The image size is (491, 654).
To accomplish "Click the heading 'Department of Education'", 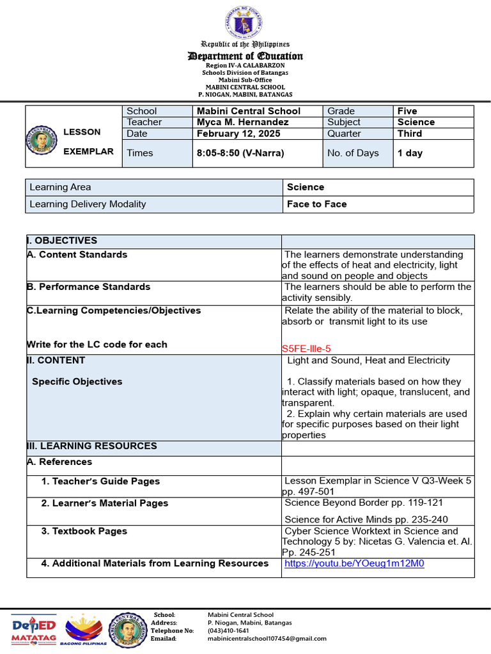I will click(x=245, y=56).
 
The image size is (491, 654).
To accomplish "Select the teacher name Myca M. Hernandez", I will click(x=242, y=122).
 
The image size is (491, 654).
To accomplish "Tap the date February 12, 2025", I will click(x=238, y=133).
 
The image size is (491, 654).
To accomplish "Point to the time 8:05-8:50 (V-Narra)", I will click(x=240, y=153).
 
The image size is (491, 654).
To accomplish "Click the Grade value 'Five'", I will click(x=407, y=111).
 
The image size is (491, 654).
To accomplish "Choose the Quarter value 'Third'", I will click(x=409, y=133).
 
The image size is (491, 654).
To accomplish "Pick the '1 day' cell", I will click(x=410, y=153).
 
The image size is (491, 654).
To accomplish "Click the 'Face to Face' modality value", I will click(x=317, y=204).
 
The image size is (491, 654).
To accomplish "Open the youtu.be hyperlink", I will click(x=354, y=563).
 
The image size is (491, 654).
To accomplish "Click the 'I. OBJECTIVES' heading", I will click(x=62, y=241).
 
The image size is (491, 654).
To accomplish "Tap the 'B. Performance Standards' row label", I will click(x=88, y=287).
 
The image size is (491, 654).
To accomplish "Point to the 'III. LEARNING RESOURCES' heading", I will click(x=91, y=446).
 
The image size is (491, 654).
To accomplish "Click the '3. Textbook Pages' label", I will click(x=84, y=531).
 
